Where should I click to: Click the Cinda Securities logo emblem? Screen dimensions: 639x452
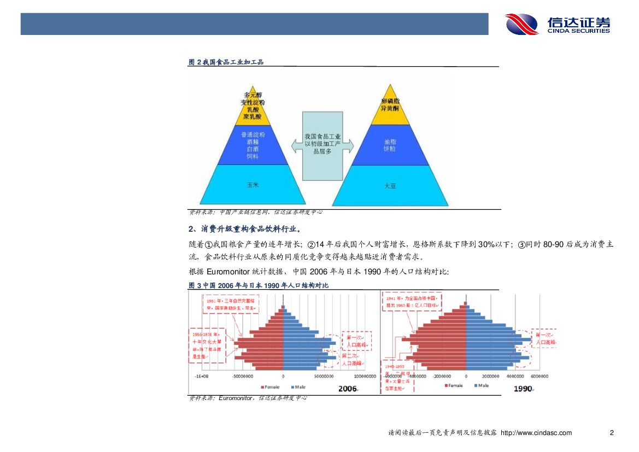pyautogui.click(x=522, y=25)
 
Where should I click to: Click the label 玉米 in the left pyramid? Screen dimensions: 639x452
pyautogui.click(x=252, y=185)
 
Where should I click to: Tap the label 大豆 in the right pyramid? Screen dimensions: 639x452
pyautogui.click(x=390, y=186)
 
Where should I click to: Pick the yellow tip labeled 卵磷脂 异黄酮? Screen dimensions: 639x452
pyautogui.click(x=389, y=105)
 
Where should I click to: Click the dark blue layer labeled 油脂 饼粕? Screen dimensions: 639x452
pyautogui.click(x=390, y=145)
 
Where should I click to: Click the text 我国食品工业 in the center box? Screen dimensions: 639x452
pyautogui.click(x=323, y=136)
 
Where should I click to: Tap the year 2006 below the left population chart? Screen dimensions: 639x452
pyautogui.click(x=348, y=389)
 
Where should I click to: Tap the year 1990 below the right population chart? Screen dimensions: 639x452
pyautogui.click(x=523, y=389)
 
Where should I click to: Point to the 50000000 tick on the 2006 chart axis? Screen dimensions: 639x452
pyautogui.click(x=325, y=376)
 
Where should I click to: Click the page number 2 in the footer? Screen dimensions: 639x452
pyautogui.click(x=612, y=433)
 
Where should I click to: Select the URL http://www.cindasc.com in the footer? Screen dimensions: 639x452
pyautogui.click(x=536, y=433)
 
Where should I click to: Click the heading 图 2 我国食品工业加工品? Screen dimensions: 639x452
pyautogui.click(x=226, y=62)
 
